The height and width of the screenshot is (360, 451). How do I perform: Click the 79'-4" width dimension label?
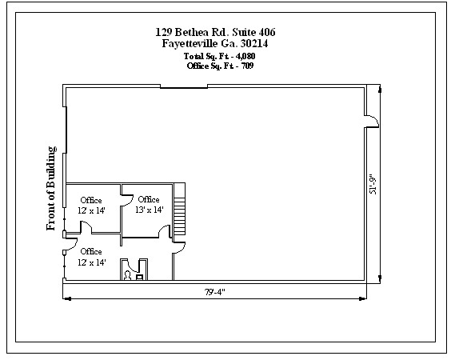[214, 292]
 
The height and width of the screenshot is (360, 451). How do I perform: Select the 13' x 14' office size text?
[150, 210]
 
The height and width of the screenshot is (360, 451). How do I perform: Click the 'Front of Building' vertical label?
[51, 188]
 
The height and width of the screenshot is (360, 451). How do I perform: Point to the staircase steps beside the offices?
[179, 211]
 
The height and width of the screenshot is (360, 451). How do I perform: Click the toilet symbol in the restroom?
[127, 276]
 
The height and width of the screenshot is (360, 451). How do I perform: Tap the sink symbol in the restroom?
[139, 278]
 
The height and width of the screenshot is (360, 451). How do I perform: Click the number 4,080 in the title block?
[245, 56]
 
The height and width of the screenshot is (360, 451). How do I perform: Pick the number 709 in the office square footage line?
[247, 66]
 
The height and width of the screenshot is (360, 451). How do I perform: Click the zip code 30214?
[254, 43]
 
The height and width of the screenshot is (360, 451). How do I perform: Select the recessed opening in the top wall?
[184, 86]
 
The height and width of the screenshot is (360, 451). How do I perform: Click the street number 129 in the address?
[164, 32]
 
